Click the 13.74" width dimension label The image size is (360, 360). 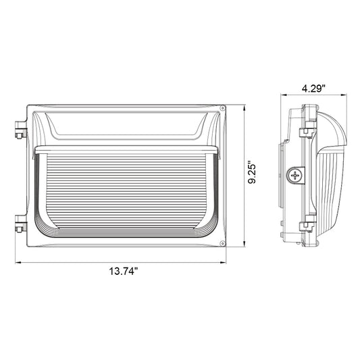(124, 271)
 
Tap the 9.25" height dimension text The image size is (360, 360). (252, 174)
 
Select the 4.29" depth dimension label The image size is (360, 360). (313, 88)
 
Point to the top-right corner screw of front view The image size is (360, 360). (222, 108)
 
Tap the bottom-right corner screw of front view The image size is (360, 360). (222, 243)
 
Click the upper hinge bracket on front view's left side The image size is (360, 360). (21, 130)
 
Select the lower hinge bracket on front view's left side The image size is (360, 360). (21, 224)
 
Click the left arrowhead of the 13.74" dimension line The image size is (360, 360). (18, 262)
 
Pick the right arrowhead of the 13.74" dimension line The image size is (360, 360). (224, 262)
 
